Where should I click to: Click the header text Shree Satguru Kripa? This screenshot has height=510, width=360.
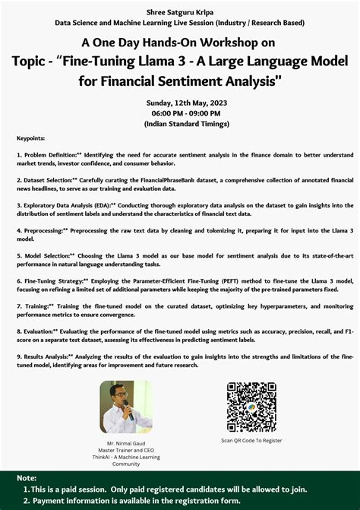click(x=179, y=11)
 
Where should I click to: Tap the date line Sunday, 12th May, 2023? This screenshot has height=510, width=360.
click(x=180, y=103)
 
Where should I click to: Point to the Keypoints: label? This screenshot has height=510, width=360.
click(x=30, y=138)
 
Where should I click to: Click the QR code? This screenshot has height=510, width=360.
click(x=252, y=406)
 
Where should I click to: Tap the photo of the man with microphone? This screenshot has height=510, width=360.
click(x=126, y=407)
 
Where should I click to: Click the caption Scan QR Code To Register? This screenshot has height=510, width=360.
click(x=252, y=440)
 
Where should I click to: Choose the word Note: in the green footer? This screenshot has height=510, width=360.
click(x=27, y=478)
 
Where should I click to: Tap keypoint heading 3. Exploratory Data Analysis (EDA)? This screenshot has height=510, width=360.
click(x=65, y=205)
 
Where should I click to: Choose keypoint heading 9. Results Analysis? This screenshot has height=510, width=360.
click(x=44, y=356)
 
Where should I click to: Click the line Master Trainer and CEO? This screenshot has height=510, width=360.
click(x=126, y=449)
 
